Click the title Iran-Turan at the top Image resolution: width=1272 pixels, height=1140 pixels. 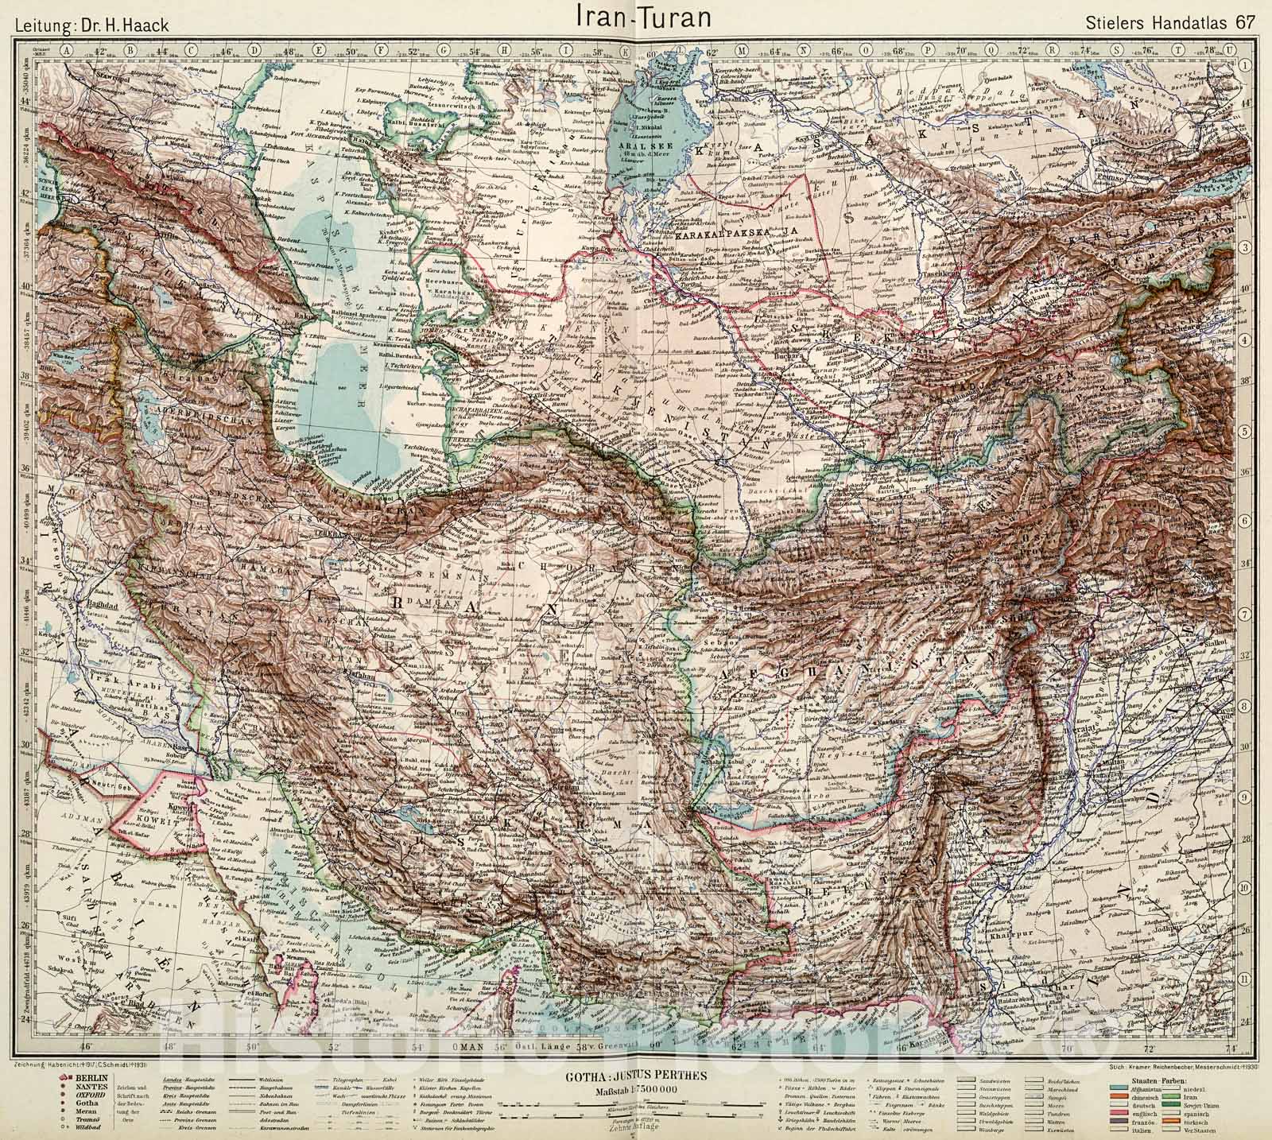(x=637, y=17)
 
